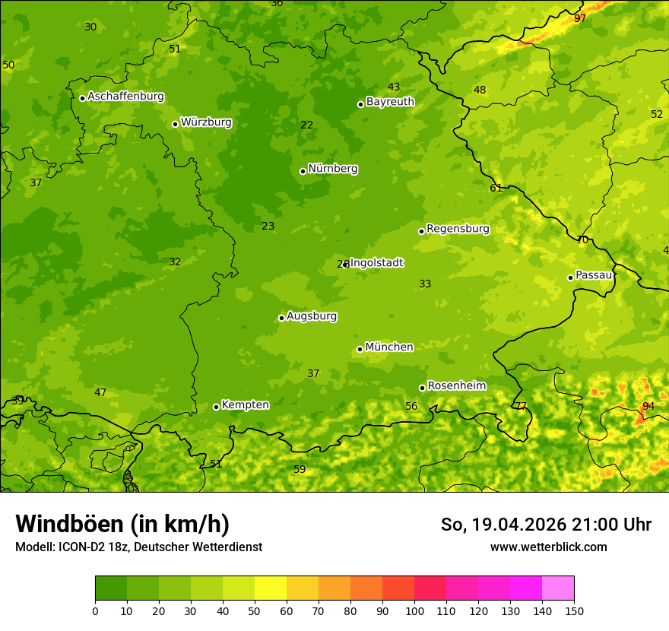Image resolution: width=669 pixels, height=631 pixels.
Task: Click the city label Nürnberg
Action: [x=333, y=169]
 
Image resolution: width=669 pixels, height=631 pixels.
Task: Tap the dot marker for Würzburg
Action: [x=175, y=124]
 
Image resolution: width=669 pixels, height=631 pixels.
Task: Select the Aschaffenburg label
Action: [x=125, y=97]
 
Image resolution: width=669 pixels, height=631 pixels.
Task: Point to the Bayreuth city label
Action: [x=390, y=101]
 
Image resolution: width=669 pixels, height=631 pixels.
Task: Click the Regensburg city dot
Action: [x=421, y=231]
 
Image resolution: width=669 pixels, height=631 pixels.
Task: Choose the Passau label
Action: [x=594, y=274]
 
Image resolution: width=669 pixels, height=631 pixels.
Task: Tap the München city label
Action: [x=389, y=347]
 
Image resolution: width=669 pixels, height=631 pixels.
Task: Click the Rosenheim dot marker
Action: [x=422, y=388]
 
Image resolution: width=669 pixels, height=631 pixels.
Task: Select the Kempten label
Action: [x=245, y=404]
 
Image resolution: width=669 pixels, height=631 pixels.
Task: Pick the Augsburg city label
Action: [x=312, y=315]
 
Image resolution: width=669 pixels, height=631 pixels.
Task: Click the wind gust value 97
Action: [x=580, y=18]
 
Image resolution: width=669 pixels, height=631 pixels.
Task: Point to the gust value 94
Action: [x=648, y=406]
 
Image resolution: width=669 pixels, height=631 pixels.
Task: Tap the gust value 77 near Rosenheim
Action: [x=520, y=406]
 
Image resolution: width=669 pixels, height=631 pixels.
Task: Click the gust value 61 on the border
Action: [x=496, y=188]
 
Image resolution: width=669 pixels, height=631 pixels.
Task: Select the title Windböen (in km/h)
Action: [x=122, y=524]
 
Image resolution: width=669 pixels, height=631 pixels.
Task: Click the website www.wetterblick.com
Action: [x=548, y=547]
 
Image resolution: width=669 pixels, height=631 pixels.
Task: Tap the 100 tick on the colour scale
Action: [x=414, y=610]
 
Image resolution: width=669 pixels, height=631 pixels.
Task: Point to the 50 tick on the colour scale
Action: [x=255, y=610]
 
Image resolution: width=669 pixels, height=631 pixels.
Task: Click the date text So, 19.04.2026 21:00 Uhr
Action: [x=546, y=525]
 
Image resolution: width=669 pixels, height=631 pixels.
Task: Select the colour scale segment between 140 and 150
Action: [x=558, y=588]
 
